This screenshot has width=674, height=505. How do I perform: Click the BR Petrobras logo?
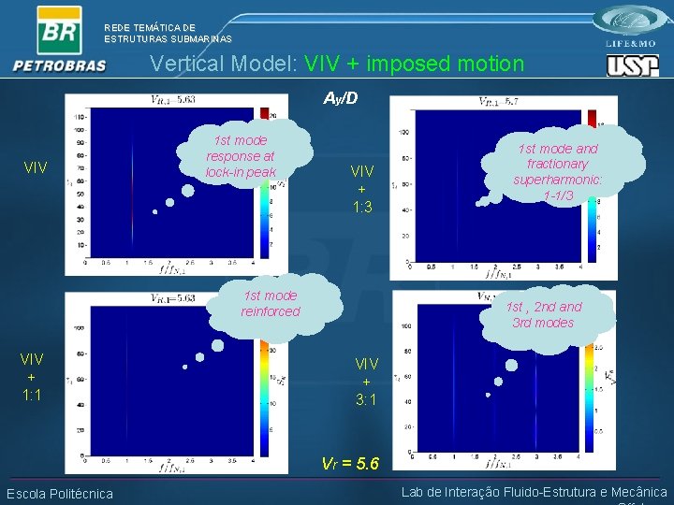pyautogui.click(x=59, y=39)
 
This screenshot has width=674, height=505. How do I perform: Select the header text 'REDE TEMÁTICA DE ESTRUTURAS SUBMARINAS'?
pyautogui.click(x=168, y=34)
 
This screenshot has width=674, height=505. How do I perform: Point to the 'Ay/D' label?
pyautogui.click(x=341, y=98)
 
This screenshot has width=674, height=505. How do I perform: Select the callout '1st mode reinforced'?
pyautogui.click(x=271, y=303)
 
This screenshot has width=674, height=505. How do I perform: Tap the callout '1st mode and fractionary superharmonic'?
pyautogui.click(x=558, y=171)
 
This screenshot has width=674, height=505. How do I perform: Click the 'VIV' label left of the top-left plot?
pyautogui.click(x=36, y=168)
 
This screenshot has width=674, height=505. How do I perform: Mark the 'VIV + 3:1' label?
pyautogui.click(x=366, y=382)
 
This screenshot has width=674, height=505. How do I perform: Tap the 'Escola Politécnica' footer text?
pyautogui.click(x=59, y=494)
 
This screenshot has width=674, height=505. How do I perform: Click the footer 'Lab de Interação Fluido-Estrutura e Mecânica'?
pyautogui.click(x=534, y=492)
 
